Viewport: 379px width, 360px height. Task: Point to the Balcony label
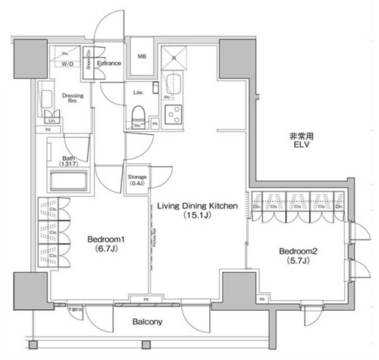click(x=147, y=322)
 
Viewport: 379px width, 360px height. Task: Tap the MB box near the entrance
click(x=142, y=57)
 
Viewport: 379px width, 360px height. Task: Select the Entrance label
click(x=111, y=63)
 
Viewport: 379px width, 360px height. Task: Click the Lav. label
click(x=139, y=92)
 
